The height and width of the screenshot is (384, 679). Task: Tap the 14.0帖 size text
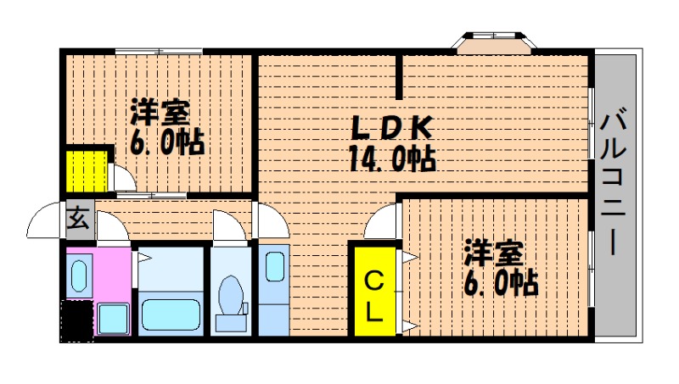click(x=392, y=158)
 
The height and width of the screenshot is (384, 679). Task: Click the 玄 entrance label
click(x=77, y=219)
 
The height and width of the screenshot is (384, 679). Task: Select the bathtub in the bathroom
click(x=171, y=314)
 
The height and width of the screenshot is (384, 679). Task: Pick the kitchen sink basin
click(x=274, y=267)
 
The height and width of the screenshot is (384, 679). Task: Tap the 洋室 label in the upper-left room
click(x=160, y=113)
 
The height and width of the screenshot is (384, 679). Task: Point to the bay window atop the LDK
click(x=495, y=42)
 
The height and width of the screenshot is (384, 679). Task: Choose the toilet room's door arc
click(x=228, y=225)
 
